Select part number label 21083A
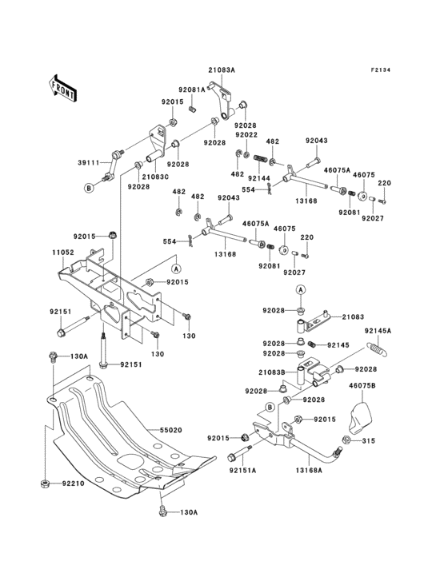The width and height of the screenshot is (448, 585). (222, 70)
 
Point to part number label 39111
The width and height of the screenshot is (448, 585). (88, 162)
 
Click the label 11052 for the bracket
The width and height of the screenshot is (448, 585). (64, 252)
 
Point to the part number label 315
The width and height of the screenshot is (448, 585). (367, 440)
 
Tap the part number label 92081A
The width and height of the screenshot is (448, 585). (192, 90)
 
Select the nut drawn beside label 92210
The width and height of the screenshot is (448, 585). (46, 484)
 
